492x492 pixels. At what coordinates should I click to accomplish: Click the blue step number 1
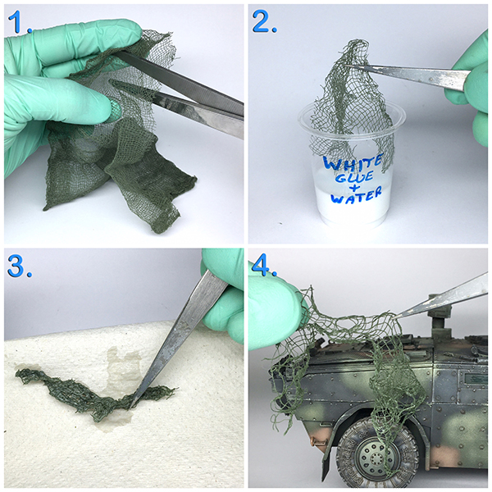[20, 22]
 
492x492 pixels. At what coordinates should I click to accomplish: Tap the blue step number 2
[264, 21]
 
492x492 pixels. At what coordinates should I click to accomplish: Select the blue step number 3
[20, 266]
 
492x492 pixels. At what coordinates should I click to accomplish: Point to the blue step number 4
[264, 266]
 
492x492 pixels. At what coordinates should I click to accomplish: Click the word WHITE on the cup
[353, 162]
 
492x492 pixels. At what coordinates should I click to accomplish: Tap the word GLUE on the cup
[354, 176]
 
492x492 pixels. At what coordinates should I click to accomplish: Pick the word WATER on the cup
[357, 195]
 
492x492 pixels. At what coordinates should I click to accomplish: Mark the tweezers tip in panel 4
[396, 317]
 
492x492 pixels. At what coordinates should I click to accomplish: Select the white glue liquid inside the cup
[352, 201]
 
